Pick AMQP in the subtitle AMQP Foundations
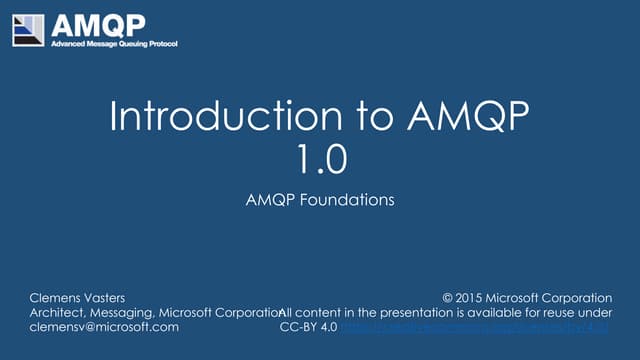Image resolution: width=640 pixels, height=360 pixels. click(268, 199)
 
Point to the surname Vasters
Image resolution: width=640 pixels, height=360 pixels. click(119, 297)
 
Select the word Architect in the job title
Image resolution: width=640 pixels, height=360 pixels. click(62, 312)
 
